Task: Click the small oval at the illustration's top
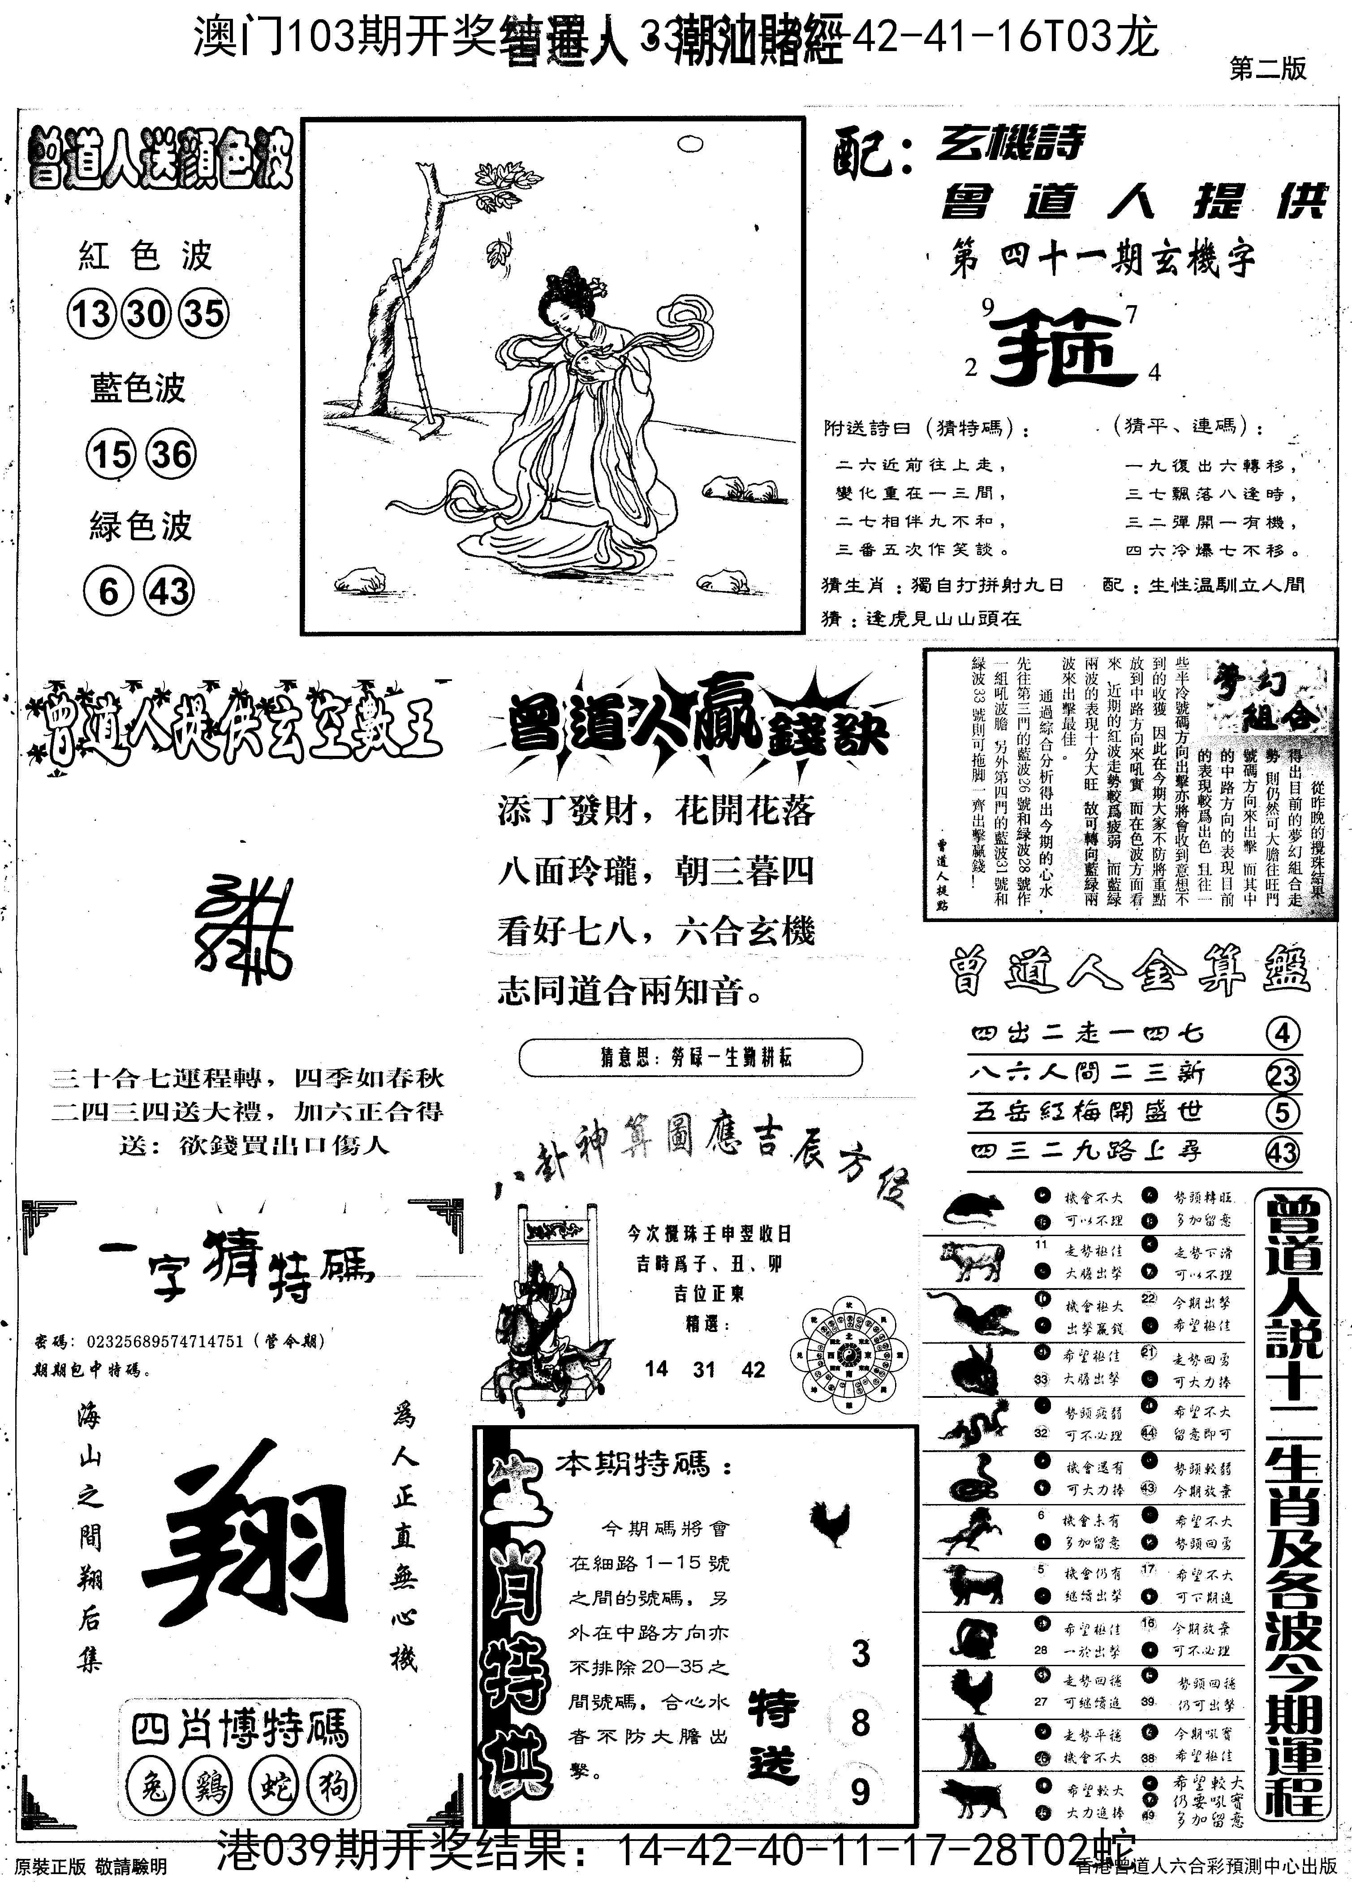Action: (x=691, y=144)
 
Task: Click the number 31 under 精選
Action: (x=704, y=1369)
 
